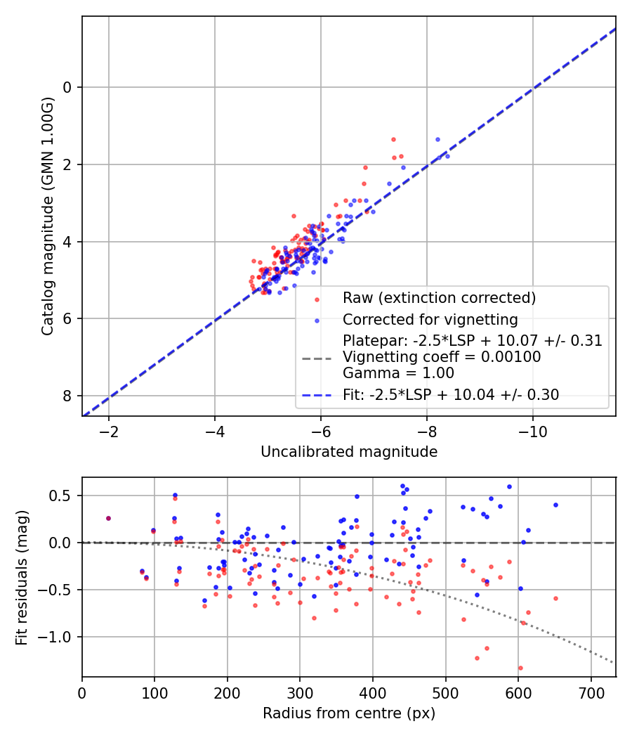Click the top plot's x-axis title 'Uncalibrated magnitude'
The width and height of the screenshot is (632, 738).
coord(349,452)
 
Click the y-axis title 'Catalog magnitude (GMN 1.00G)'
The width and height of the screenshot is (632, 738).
coord(47,216)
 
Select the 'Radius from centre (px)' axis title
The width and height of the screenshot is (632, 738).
coord(349,713)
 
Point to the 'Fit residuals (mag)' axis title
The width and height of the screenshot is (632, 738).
coord(22,577)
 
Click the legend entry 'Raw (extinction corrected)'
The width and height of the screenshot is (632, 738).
coord(439,298)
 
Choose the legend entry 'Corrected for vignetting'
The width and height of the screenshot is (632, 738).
coord(430,320)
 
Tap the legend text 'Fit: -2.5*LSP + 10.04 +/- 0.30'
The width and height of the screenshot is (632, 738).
coord(451,395)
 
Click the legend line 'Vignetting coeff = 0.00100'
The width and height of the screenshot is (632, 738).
coord(442,357)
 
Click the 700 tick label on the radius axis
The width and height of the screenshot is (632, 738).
coord(591,692)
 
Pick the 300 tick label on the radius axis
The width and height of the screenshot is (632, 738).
coord(300,692)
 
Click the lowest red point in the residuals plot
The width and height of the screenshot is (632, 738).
coord(520,668)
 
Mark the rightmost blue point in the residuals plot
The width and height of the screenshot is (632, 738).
coord(555,505)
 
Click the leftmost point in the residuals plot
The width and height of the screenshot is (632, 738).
coord(108,518)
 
